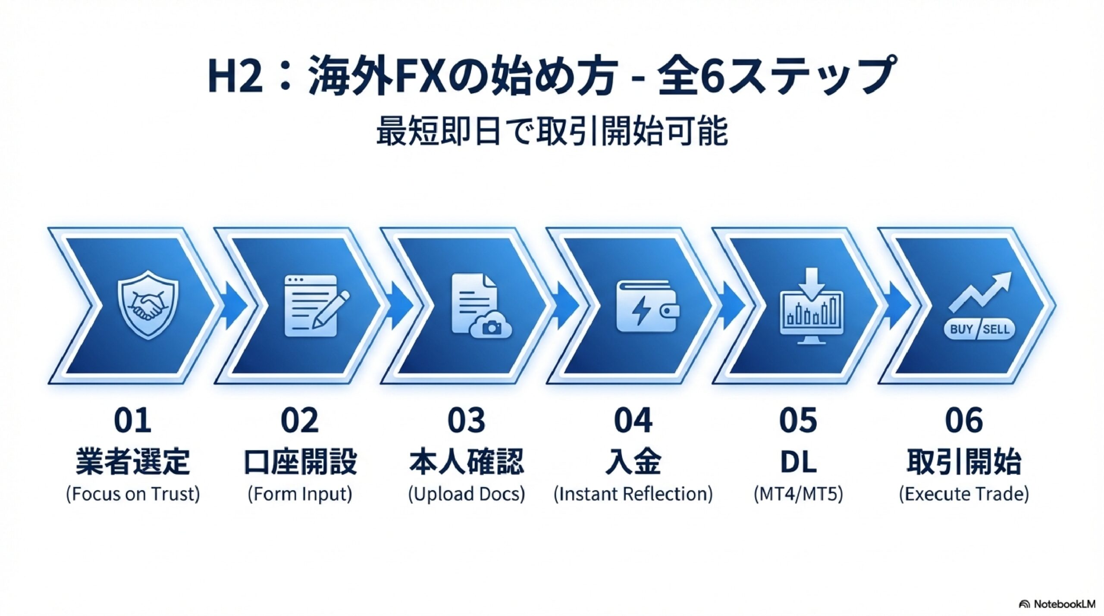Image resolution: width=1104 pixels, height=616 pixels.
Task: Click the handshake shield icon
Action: pos(148,305)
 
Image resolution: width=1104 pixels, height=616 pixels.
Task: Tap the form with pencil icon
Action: pos(317,306)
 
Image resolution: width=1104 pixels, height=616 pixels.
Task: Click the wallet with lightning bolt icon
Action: pos(648,306)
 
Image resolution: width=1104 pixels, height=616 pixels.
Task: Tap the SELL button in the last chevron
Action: pos(997,330)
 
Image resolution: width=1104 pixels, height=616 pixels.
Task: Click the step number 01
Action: pos(132,421)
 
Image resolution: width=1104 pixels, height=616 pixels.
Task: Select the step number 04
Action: pos(633,421)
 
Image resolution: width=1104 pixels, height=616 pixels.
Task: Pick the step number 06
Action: pos(964,421)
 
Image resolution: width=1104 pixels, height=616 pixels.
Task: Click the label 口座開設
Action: pos(300,462)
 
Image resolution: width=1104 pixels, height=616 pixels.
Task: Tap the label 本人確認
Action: pos(467,462)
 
